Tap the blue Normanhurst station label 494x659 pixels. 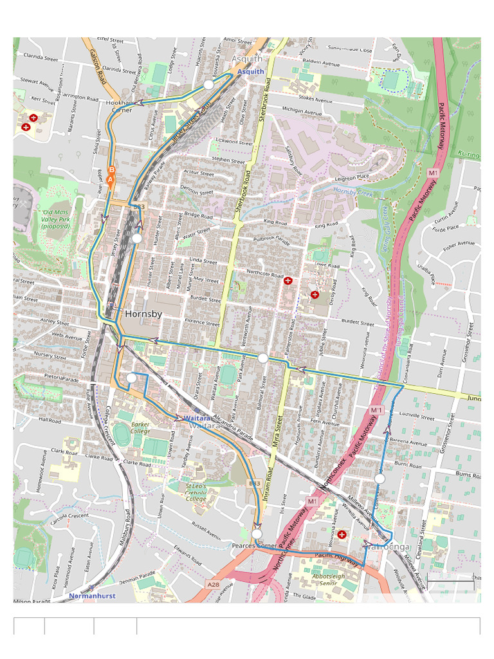pyautogui.click(x=93, y=595)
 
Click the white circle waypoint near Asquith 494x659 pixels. pyautogui.click(x=208, y=85)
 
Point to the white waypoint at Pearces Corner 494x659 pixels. pyautogui.click(x=257, y=534)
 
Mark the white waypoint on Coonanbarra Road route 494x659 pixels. pyautogui.click(x=380, y=479)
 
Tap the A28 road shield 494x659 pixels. pyautogui.click(x=213, y=584)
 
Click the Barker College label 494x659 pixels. pyautogui.click(x=140, y=428)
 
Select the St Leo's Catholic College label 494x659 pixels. pyautogui.click(x=196, y=492)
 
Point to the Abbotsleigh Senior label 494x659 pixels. pyautogui.click(x=333, y=580)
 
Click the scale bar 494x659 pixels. pyautogui.click(x=450, y=582)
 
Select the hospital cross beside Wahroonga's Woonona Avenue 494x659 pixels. pyautogui.click(x=342, y=534)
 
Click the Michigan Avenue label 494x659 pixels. pyautogui.click(x=302, y=112)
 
